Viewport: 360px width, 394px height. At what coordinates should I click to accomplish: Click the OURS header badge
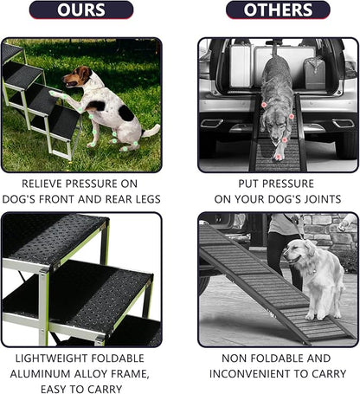81,10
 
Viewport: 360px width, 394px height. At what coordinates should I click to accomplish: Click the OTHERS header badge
278,10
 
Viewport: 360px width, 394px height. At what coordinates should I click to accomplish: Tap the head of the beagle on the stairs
80,75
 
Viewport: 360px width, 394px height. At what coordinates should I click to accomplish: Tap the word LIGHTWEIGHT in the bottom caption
47,358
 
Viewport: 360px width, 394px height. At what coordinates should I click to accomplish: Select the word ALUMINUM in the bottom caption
44,373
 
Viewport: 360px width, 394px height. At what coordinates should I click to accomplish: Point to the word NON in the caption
238,358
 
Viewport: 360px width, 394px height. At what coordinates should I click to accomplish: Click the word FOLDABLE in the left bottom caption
125,358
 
